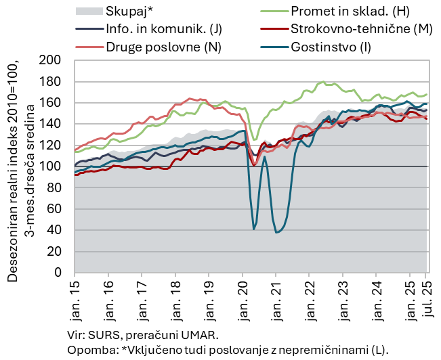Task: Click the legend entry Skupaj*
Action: (x=129, y=11)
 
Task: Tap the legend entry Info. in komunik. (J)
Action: (x=163, y=29)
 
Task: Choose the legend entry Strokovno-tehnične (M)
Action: (x=361, y=29)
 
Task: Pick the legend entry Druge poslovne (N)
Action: (x=163, y=47)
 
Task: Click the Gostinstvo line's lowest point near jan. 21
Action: (x=276, y=233)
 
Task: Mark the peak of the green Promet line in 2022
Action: (x=323, y=83)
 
